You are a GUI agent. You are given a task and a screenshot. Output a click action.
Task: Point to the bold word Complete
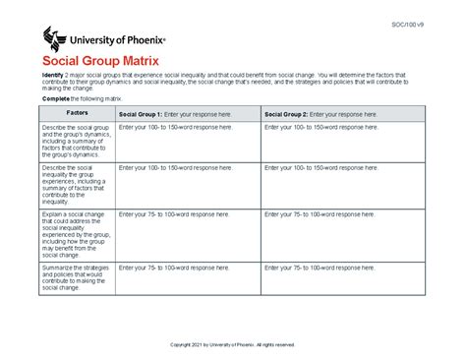click(54, 101)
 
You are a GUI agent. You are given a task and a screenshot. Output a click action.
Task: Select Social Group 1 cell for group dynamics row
click(187, 143)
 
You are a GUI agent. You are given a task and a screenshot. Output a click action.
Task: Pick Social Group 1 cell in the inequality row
click(187, 184)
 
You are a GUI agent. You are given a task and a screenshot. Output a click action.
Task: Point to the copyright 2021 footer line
click(233, 344)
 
